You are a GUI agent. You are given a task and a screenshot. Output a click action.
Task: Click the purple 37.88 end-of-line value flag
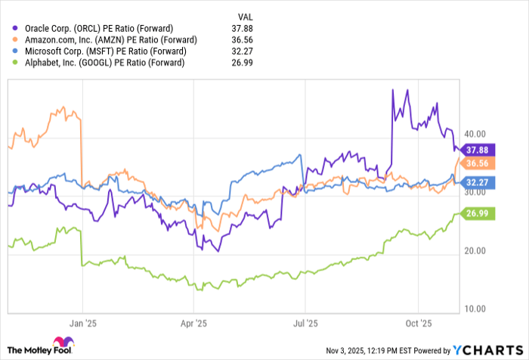(x=478, y=149)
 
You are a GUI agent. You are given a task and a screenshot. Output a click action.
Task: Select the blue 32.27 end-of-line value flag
(x=478, y=182)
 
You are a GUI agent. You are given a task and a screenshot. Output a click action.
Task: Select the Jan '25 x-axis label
(x=83, y=321)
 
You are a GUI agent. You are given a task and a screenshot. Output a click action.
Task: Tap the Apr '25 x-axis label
(x=194, y=321)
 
